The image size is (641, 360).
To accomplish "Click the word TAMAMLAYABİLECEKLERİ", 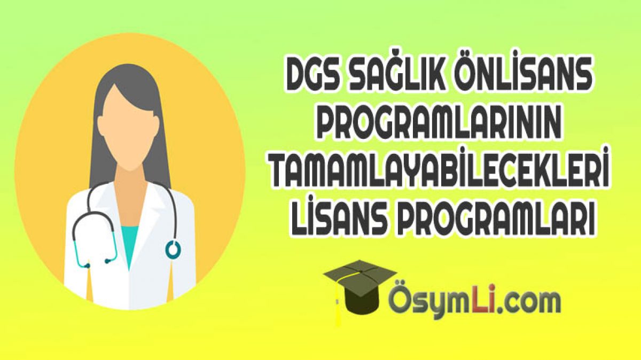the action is pyautogui.click(x=440, y=167).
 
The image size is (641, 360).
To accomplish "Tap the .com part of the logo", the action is pyautogui.click(x=527, y=306).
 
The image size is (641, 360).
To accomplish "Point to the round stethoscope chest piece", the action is pyautogui.click(x=173, y=248).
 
